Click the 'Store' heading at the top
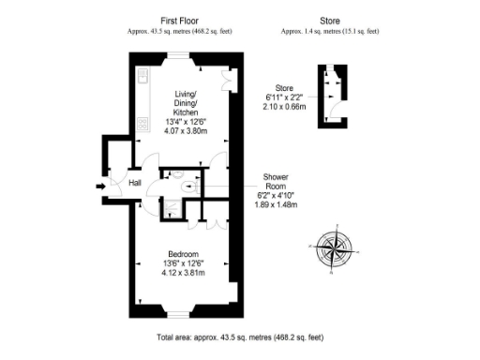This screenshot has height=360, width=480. point(329,20)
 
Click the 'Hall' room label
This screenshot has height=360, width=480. point(135,183)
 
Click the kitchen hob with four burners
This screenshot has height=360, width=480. point(143,121)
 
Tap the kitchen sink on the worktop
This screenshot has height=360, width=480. point(143,76)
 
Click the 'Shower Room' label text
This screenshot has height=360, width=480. point(275,182)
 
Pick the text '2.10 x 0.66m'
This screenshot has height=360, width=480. point(284,107)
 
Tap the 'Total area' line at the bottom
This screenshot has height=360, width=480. point(240,337)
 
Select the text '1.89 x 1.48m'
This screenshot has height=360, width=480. point(276,203)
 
